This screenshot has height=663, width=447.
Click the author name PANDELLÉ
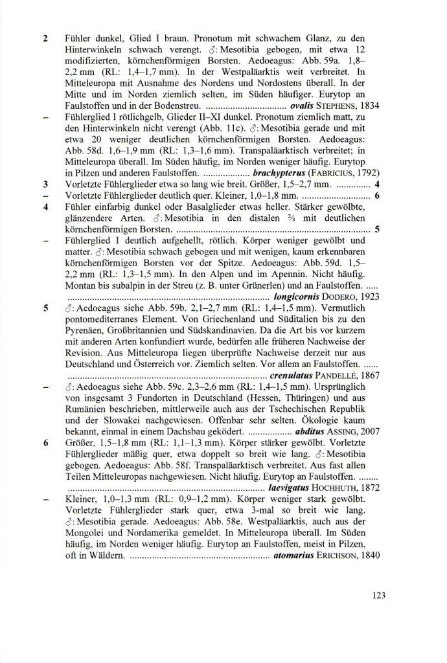click(337, 375)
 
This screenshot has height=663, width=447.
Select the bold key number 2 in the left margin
click(45, 38)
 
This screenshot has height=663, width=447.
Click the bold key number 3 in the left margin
click(45, 184)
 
